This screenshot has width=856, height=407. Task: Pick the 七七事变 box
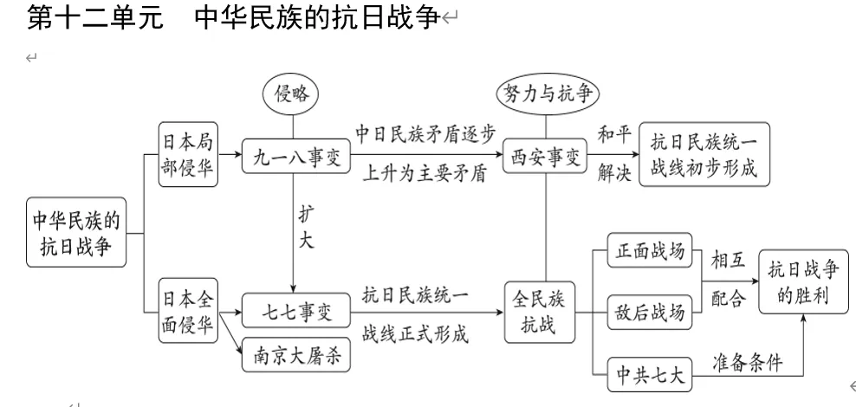[x=295, y=308]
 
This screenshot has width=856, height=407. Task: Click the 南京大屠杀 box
[x=295, y=355]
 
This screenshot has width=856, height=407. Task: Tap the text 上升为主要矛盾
[x=426, y=174]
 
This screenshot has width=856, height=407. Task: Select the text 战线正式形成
[x=416, y=333]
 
